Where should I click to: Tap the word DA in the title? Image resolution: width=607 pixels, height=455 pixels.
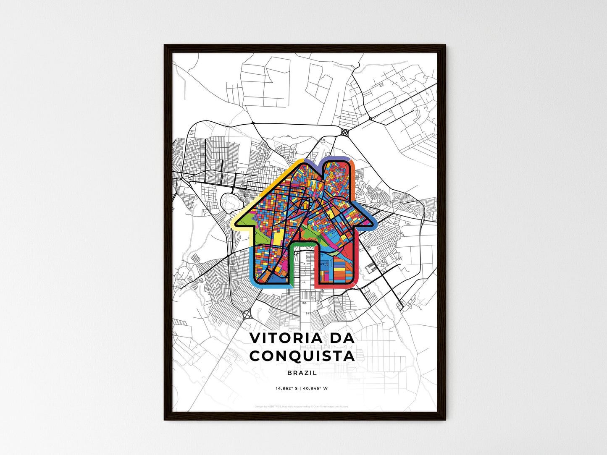point(341,338)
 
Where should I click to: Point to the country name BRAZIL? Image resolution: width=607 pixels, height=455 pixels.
point(302,373)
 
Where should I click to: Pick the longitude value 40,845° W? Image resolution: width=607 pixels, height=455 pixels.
point(315,389)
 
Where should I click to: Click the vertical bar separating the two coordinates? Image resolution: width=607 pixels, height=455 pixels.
point(300,389)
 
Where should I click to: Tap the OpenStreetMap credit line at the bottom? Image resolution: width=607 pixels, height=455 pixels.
point(302,407)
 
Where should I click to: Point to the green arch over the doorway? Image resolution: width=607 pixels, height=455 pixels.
point(302,243)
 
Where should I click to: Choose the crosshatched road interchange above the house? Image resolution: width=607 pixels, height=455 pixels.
point(345,133)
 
